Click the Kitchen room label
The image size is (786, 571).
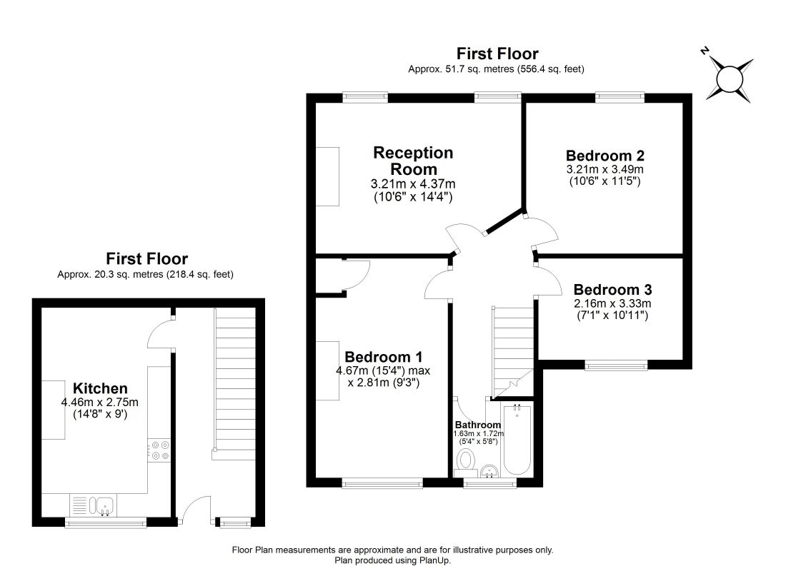[100, 388]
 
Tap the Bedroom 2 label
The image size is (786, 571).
[605, 156]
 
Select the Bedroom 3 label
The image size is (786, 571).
[612, 290]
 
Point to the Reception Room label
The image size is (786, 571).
[413, 161]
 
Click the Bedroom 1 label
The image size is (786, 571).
[384, 357]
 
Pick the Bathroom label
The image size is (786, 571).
[478, 425]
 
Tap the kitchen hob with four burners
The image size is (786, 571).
[159, 450]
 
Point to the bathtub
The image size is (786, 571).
[517, 440]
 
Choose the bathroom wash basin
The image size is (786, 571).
[489, 471]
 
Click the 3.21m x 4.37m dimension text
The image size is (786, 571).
[413, 184]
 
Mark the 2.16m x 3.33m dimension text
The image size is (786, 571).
[612, 303]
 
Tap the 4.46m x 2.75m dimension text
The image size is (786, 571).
[100, 403]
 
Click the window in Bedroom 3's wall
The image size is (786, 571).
[615, 365]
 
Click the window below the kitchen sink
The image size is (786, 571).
[106, 523]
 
